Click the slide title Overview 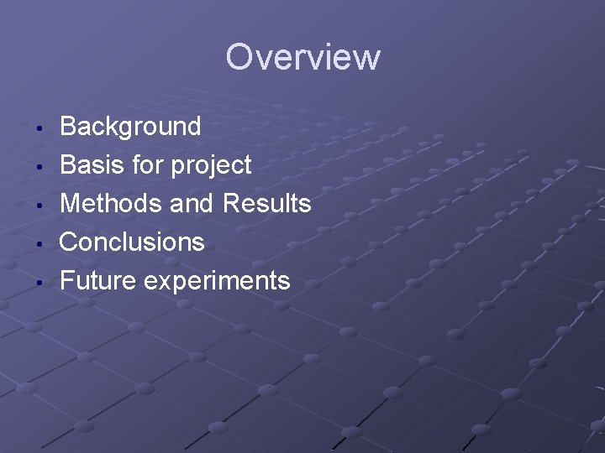pos(302,58)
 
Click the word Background pos(130,127)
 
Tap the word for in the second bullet pos(148,165)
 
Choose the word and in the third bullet pos(192,204)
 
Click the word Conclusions pos(132,242)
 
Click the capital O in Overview pos(240,58)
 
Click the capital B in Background pos(69,127)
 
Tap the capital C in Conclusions pos(70,242)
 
